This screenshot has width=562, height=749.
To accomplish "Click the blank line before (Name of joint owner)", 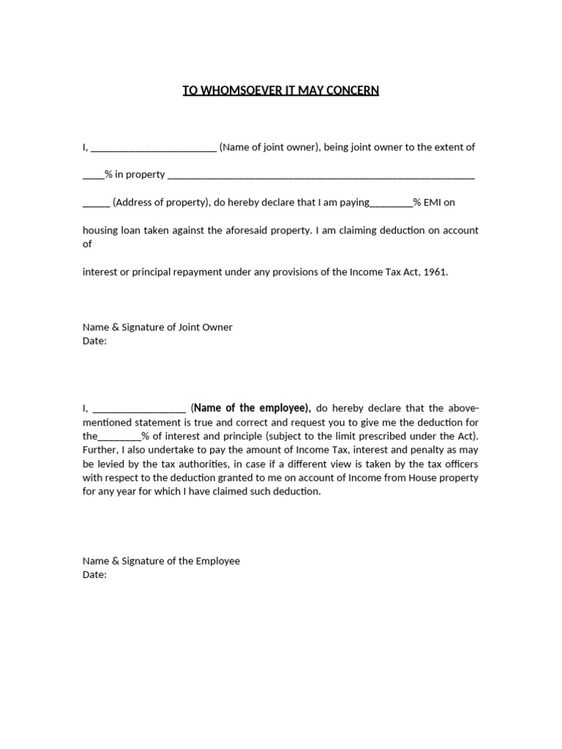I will click(x=154, y=148).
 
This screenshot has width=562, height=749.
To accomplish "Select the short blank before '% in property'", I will click(x=93, y=176).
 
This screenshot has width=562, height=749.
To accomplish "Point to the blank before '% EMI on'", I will click(x=391, y=204).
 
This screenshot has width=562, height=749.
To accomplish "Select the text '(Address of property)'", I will click(x=161, y=203).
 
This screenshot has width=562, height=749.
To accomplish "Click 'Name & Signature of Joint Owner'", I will click(x=157, y=327).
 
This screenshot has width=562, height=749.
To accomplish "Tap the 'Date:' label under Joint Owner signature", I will click(x=94, y=341).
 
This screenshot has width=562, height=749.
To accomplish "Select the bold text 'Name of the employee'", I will click(x=252, y=408).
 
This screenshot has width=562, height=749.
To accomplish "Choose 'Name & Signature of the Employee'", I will click(x=161, y=561).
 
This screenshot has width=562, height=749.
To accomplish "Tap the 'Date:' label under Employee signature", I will click(x=94, y=575).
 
